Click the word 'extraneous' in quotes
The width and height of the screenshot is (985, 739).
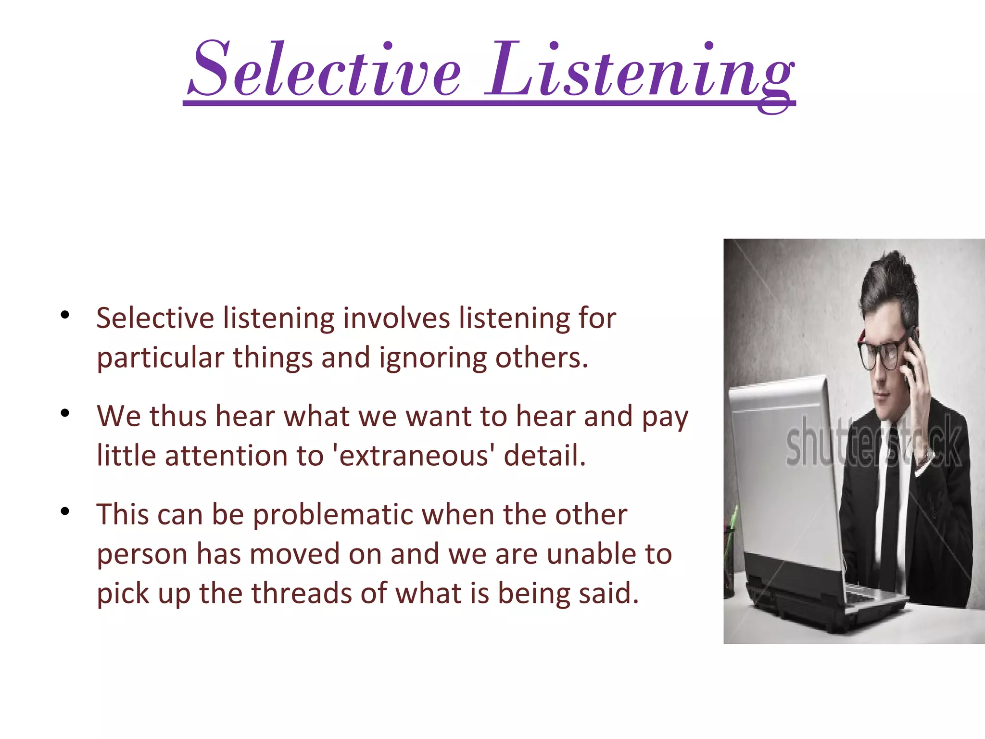[414, 456]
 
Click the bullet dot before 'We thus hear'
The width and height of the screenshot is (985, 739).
[65, 413]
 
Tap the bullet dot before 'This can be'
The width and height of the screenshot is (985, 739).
[65, 511]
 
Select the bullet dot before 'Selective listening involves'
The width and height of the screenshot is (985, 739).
[65, 315]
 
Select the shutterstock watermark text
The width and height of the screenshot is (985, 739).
[873, 443]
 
